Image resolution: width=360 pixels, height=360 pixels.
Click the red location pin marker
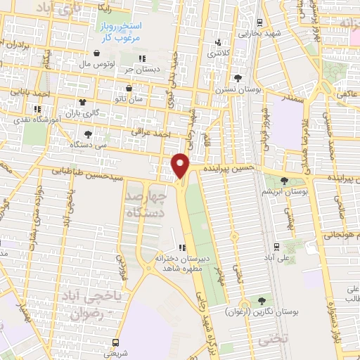pyautogui.click(x=181, y=165)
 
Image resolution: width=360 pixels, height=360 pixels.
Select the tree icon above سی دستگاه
pyautogui.click(x=87, y=134)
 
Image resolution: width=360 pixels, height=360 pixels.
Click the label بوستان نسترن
pyautogui.click(x=237, y=89)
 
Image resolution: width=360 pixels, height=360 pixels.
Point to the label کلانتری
pyautogui.click(x=217, y=53)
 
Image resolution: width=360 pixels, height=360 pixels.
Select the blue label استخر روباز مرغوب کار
pyautogui.click(x=118, y=31)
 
